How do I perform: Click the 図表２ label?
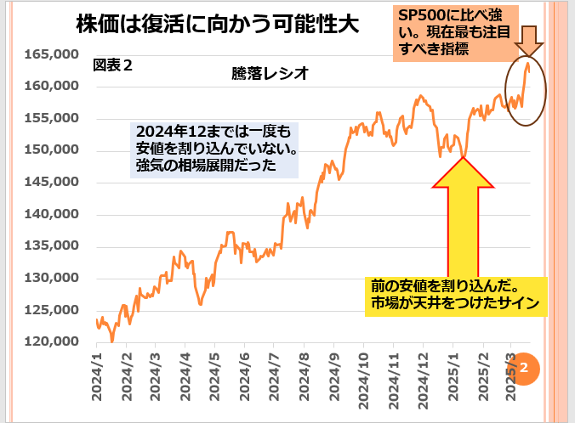[112, 64]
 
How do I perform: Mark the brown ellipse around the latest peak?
[525, 93]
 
